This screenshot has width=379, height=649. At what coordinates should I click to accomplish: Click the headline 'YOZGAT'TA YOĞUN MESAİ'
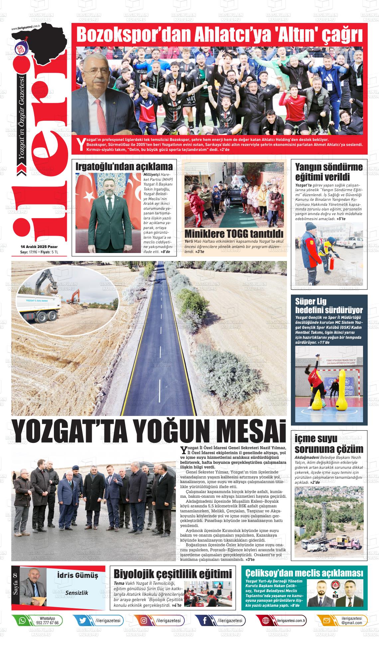click(149, 432)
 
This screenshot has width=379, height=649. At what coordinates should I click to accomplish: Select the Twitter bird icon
click(83, 620)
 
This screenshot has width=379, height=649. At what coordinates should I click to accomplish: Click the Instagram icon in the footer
click(144, 620)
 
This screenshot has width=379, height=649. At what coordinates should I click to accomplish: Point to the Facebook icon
click(205, 620)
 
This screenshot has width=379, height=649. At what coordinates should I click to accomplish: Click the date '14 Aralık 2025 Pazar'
click(39, 247)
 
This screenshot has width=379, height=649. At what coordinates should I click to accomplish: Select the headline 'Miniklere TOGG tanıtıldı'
click(234, 233)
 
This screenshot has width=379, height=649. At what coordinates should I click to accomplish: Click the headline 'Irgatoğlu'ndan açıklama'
click(124, 167)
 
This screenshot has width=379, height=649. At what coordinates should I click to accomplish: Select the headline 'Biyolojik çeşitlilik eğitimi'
click(173, 574)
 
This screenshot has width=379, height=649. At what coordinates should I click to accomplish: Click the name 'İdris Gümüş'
click(77, 575)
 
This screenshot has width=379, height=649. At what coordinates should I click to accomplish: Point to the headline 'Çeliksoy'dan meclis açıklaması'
click(304, 573)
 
